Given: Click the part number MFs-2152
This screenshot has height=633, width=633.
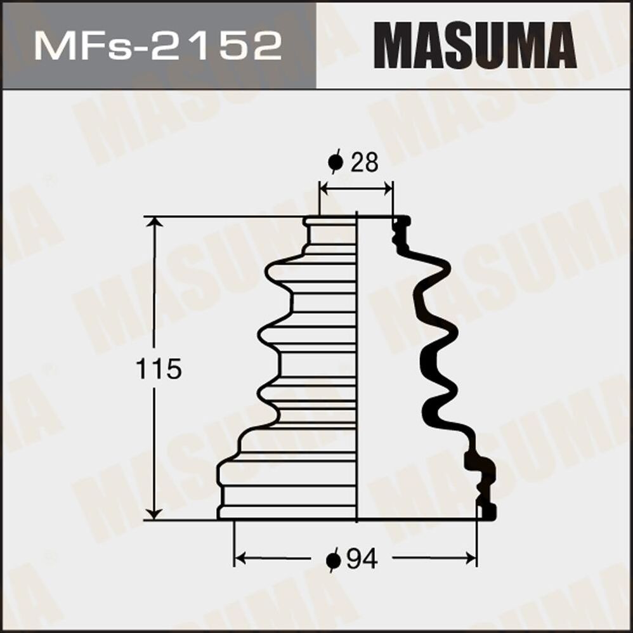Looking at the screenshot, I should (158, 45).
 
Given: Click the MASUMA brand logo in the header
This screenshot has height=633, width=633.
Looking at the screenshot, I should (474, 45).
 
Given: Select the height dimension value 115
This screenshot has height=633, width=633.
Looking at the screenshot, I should (159, 369).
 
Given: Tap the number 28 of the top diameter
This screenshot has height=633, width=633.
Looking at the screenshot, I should (363, 163).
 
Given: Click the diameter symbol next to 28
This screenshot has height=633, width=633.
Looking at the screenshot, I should (336, 163).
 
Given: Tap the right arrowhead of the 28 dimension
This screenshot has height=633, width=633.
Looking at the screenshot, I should (388, 188).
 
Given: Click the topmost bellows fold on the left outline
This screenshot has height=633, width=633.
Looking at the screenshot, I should (279, 272).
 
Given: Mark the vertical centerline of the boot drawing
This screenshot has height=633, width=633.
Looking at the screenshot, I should (357, 368).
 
